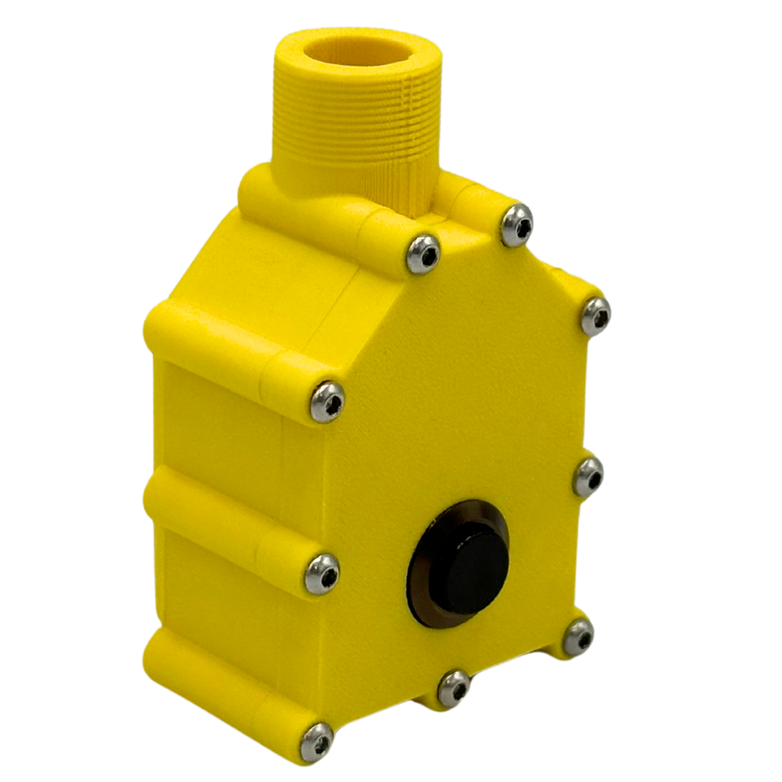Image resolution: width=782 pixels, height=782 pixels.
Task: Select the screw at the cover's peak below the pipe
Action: point(423,252)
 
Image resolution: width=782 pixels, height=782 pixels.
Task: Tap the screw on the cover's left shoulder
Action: point(328,401)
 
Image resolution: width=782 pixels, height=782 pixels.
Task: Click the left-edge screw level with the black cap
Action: point(322,573)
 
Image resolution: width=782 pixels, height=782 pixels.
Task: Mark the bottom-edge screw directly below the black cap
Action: point(454,690)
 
